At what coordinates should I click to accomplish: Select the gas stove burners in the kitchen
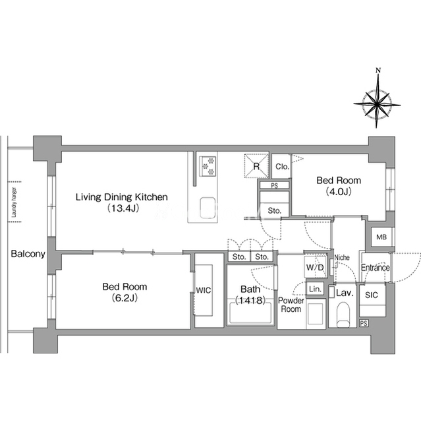coord(208,166)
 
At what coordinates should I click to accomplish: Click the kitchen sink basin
coord(208,208)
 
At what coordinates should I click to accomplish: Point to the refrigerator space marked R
coord(256,166)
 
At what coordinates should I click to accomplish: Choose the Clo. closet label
coord(282,167)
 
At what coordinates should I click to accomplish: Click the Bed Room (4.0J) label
coord(339,186)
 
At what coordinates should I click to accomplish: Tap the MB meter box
coord(381,237)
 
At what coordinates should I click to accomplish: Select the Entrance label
coord(375,267)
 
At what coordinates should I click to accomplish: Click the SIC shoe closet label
coord(372,295)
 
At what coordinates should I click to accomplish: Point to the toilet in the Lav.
coord(343,315)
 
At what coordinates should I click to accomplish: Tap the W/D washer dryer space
coord(315,267)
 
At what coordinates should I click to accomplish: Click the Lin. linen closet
coord(315,289)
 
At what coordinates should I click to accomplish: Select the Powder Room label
coord(291,305)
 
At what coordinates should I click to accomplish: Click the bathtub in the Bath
coord(250,313)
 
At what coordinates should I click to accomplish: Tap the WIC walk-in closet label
coord(203,290)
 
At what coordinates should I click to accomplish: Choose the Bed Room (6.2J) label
coord(125,292)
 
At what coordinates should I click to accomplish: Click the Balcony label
coord(28,254)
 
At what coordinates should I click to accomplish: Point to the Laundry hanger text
coord(14,202)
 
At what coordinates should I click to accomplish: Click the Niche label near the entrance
coord(342,258)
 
